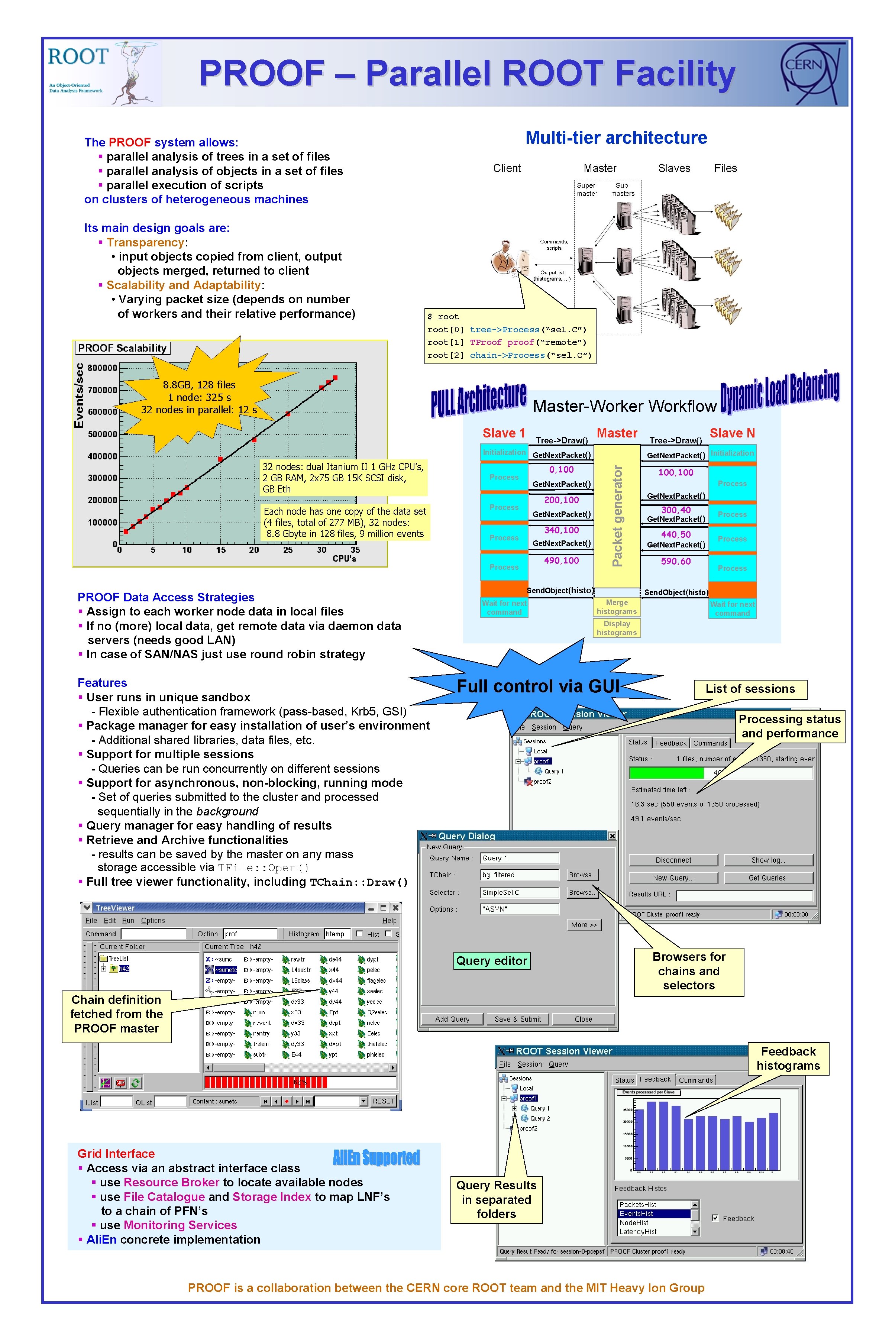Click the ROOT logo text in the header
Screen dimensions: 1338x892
[78, 56]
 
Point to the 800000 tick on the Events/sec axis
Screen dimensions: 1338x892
[103, 368]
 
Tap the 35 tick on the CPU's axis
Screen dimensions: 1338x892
[355, 550]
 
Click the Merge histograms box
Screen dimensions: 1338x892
[617, 607]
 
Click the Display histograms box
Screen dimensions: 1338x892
[617, 628]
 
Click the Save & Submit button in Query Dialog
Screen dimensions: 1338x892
[518, 1019]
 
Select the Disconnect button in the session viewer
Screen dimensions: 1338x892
[673, 860]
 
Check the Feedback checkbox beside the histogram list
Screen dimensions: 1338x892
[716, 1218]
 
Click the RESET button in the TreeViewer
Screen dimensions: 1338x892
[384, 1101]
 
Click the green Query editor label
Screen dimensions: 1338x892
[491, 961]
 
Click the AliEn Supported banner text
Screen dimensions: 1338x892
[376, 1157]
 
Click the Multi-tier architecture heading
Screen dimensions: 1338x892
[616, 138]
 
